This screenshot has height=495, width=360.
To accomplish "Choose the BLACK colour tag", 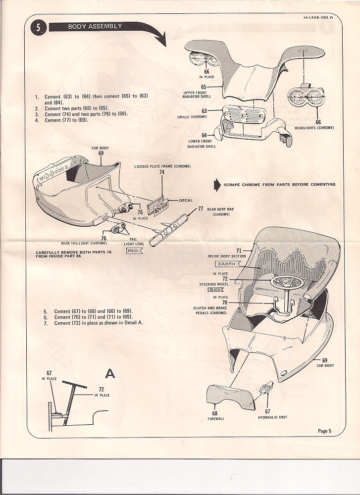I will [216, 290].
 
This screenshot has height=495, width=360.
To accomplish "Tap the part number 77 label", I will [201, 209].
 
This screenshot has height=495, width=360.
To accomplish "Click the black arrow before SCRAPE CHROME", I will [216, 185].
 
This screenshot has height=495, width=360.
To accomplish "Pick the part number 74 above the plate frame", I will [162, 172].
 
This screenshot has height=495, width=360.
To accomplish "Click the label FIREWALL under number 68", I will [215, 419].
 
